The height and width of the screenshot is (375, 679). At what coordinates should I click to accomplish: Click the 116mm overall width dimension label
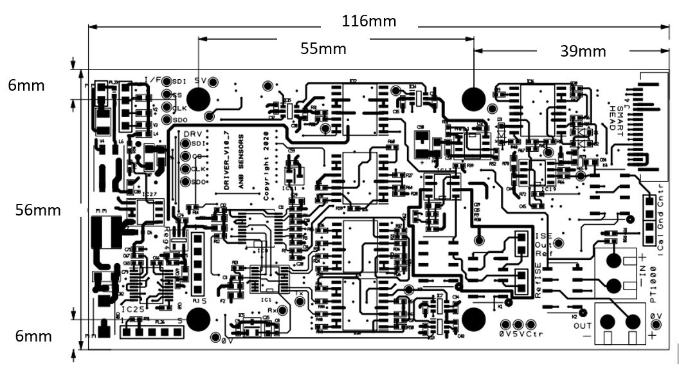(x=369, y=21)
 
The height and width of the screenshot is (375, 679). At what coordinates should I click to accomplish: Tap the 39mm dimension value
(x=583, y=51)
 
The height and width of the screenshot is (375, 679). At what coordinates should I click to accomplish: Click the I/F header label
(x=154, y=80)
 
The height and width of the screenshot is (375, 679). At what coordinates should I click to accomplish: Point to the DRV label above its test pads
(x=193, y=133)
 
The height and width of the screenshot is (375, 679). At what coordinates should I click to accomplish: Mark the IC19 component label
(x=548, y=190)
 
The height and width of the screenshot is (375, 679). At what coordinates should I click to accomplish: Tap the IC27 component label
(x=149, y=194)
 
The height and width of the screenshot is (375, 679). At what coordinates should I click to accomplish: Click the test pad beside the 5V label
(x=213, y=82)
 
